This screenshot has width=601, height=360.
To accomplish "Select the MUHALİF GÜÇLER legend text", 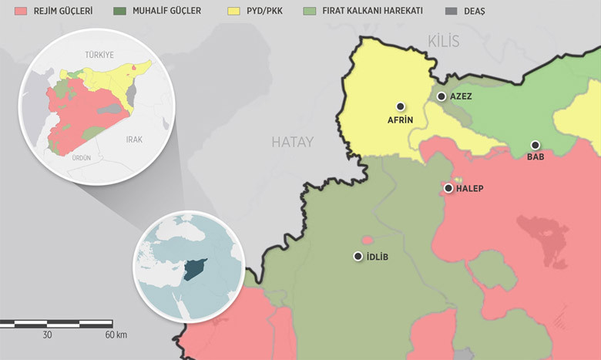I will coord(168,12).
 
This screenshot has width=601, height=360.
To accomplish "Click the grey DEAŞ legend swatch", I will coord(451,12).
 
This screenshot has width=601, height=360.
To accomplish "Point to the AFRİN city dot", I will coord(401,106).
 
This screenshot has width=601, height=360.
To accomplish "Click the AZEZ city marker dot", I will coord(442,96).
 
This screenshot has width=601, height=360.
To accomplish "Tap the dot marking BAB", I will coord(535,145).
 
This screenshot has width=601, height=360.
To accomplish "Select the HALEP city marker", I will coord(448,188).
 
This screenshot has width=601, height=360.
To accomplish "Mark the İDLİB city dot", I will coord(358,256).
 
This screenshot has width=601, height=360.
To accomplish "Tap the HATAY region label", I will coord(292,142).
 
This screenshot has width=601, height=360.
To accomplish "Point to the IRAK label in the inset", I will coord(135,140).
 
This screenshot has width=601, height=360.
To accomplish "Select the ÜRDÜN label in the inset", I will coord(81,157).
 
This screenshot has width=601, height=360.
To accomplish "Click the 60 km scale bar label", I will coord(116,335).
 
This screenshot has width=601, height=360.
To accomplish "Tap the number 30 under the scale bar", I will coord(47,335).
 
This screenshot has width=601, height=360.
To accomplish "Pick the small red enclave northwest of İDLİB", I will coord(368,240).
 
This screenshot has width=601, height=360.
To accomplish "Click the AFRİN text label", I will coord(401,120).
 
